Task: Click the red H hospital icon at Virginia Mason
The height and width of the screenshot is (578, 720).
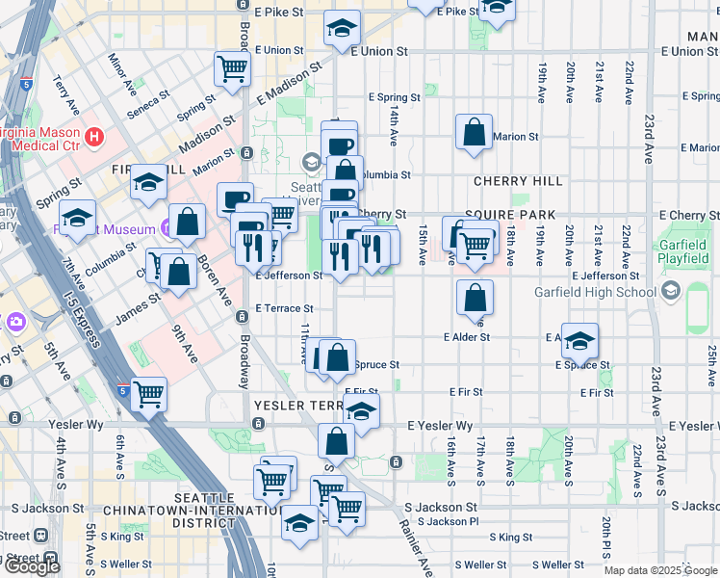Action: click(x=93, y=137)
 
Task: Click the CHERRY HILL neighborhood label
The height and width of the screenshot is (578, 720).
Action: click(x=518, y=181)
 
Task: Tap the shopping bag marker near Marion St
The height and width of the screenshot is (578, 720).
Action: click(x=475, y=133)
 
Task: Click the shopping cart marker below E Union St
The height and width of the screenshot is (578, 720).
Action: click(x=232, y=68)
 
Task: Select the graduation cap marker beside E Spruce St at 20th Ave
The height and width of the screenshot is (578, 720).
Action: click(x=579, y=340)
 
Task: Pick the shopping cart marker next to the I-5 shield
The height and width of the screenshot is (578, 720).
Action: click(x=148, y=392)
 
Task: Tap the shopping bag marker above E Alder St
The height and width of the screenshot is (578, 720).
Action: click(x=475, y=297)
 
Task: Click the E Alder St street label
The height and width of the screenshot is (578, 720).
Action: click(x=467, y=337)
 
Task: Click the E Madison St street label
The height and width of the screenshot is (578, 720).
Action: click(x=289, y=84)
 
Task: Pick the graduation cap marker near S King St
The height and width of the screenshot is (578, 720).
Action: click(x=300, y=522)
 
